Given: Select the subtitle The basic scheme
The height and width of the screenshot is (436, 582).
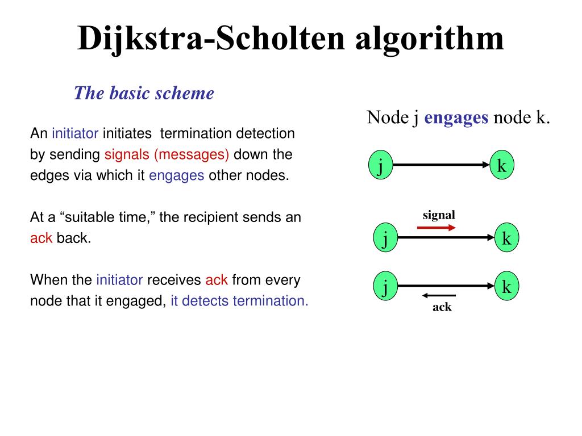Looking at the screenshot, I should pos(144,93).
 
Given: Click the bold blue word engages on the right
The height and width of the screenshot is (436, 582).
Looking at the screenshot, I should pos(456,118).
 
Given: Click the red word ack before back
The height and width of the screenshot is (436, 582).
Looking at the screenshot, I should pos(41,238).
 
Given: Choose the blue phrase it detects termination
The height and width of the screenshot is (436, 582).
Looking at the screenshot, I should pos(239,301).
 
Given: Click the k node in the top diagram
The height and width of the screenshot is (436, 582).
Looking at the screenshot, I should pos(502,166).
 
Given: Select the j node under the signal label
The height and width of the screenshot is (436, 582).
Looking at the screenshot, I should pos(385,239).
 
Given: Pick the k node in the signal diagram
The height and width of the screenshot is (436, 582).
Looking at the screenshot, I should pos(506,239).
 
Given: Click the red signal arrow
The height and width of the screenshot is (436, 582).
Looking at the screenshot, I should pos(436,228).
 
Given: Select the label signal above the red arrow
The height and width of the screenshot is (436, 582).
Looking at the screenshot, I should pos(439,215).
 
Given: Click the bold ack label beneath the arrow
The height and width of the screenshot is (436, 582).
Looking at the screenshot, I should pos(442,308).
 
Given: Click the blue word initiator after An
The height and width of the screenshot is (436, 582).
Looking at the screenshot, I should pos(75,134).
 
